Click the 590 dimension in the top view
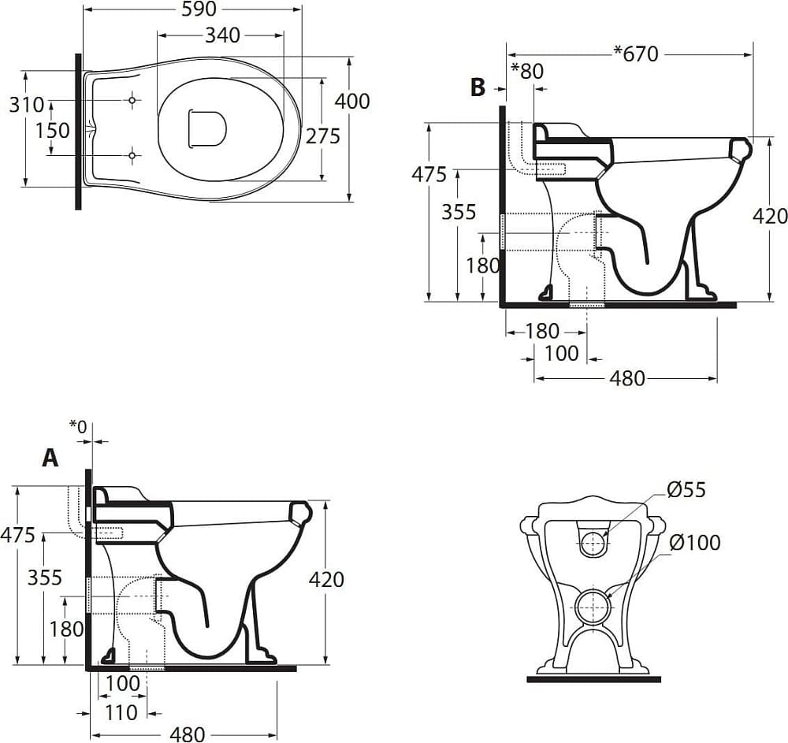click(x=199, y=9)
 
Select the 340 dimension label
click(x=223, y=35)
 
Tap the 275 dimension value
click(x=323, y=136)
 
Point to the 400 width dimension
click(x=352, y=102)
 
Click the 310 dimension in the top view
click(x=27, y=105)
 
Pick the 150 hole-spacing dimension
click(x=52, y=131)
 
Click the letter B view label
click(x=478, y=87)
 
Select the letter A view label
click(x=50, y=458)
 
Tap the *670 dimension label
click(x=636, y=54)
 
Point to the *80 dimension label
click(x=527, y=71)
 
